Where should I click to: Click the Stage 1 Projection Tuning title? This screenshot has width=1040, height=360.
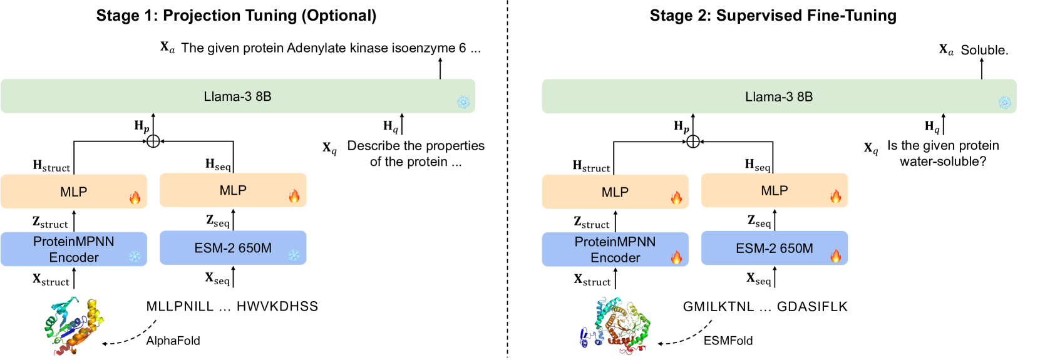236,16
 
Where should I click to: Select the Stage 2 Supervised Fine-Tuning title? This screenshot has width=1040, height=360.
773,16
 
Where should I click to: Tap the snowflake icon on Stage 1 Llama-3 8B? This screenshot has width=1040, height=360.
463,102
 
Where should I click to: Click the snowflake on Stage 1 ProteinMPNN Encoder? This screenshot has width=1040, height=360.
135,256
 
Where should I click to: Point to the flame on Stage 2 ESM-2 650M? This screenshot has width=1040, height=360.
835,255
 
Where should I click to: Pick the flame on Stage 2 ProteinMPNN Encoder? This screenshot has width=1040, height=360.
676,257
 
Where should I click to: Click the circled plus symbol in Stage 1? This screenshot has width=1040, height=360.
153,141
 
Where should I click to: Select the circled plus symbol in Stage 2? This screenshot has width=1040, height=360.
693,141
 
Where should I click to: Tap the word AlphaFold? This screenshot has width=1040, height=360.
173,341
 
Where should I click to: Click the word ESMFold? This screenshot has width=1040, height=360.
728,341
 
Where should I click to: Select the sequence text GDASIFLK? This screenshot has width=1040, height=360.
812,306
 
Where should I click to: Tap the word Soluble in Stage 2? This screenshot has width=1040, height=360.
984,50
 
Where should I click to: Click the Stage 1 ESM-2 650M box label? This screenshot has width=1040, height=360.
233,248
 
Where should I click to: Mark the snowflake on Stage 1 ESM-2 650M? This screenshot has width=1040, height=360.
294,255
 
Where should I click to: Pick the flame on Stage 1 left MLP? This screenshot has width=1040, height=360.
135,198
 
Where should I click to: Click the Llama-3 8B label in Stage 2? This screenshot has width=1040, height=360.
779,96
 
